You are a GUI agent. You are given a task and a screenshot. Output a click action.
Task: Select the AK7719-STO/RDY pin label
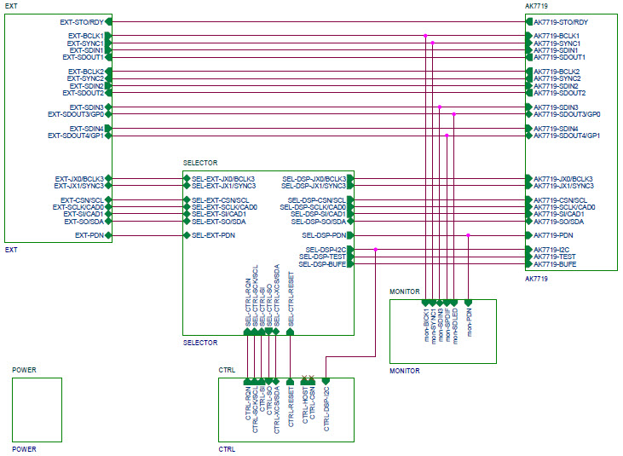pyautogui.click(x=573, y=21)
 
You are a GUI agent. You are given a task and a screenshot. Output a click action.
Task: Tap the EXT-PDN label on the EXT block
pyautogui.click(x=89, y=235)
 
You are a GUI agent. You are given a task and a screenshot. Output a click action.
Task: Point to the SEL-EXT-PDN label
pyautogui.click(x=213, y=235)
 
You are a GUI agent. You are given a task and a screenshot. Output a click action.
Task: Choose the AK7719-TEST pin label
pyautogui.click(x=555, y=257)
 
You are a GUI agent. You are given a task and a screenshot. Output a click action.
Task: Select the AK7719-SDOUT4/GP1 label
pyautogui.click(x=568, y=136)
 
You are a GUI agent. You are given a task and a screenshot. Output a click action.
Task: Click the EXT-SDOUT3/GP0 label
pyautogui.click(x=76, y=114)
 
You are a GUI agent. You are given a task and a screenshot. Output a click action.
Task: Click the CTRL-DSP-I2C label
pyautogui.click(x=326, y=406)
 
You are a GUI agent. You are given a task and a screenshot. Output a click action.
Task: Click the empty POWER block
pyautogui.click(x=37, y=409)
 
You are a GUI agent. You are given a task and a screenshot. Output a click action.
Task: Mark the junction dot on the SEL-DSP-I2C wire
pyautogui.click(x=375, y=250)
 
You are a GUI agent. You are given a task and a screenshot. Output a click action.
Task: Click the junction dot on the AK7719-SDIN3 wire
pyautogui.click(x=440, y=107)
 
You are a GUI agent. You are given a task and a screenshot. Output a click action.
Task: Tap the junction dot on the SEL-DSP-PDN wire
pyautogui.click(x=469, y=235)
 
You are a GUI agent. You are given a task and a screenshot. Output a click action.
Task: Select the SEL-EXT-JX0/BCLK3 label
pyautogui.click(x=223, y=179)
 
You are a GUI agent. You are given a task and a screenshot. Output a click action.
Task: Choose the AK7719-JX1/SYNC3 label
pyautogui.click(x=563, y=186)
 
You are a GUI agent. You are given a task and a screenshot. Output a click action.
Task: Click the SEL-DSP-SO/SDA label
pyautogui.click(x=318, y=221)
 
